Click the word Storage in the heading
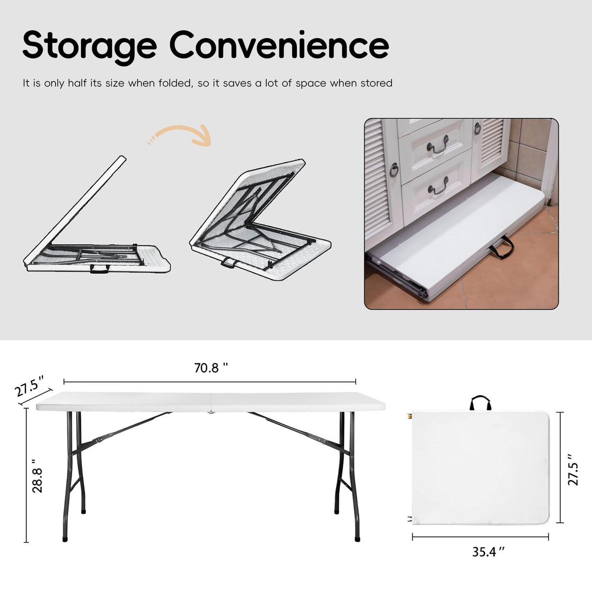tap(89, 45)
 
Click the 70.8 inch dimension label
tap(211, 368)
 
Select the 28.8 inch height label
tap(38, 480)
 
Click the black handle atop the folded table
tap(480, 403)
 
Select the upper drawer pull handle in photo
tap(438, 147)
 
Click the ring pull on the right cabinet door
tap(477, 129)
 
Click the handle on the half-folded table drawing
tap(99, 269)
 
